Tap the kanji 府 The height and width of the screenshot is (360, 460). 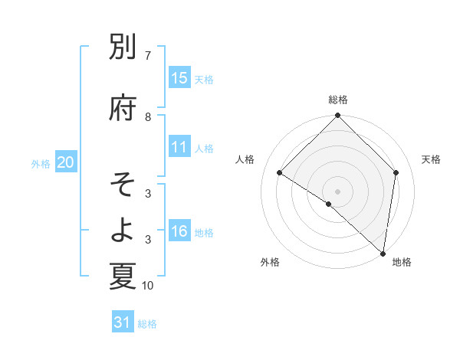click(x=123, y=108)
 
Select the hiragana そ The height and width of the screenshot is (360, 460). click(x=123, y=185)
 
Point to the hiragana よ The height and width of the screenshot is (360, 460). click(x=123, y=231)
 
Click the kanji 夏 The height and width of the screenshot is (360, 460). click(x=123, y=276)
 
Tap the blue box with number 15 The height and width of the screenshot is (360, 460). click(x=179, y=78)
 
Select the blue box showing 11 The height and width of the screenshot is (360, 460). click(x=179, y=148)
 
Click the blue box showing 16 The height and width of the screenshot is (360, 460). click(x=179, y=231)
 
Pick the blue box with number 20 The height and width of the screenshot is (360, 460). click(x=65, y=162)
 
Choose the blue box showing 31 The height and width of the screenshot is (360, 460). click(x=123, y=322)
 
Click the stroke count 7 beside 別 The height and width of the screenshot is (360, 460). click(x=147, y=56)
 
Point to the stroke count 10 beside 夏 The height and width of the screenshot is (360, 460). click(x=148, y=286)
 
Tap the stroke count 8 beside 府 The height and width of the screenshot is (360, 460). click(x=147, y=116)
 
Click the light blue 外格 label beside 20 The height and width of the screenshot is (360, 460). click(x=41, y=163)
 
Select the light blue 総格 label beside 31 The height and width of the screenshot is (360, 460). click(x=147, y=324)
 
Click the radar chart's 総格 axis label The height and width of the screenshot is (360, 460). click(x=337, y=100)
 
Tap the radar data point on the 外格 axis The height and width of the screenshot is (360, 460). click(x=329, y=204)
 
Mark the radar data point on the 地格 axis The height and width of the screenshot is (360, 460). click(x=383, y=254)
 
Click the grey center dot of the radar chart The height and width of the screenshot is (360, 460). click(x=337, y=191)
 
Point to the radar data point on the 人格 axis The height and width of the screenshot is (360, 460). click(x=280, y=172)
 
